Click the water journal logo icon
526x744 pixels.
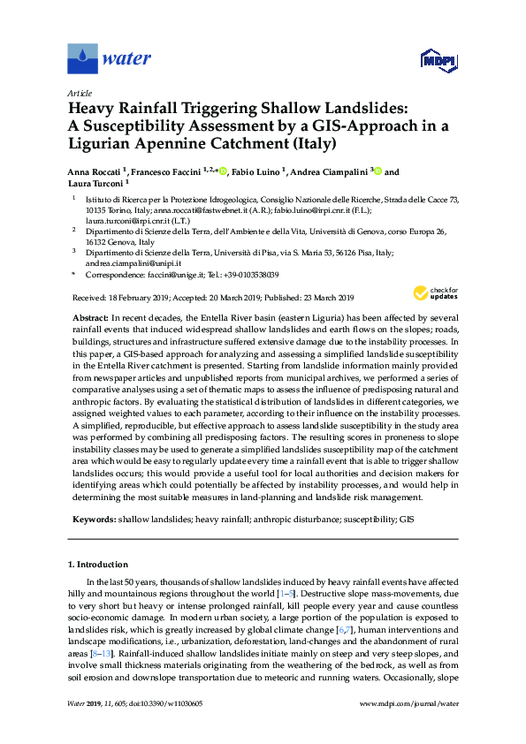click(82, 60)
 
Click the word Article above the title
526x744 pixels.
click(80, 92)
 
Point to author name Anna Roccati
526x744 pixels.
click(99, 172)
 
